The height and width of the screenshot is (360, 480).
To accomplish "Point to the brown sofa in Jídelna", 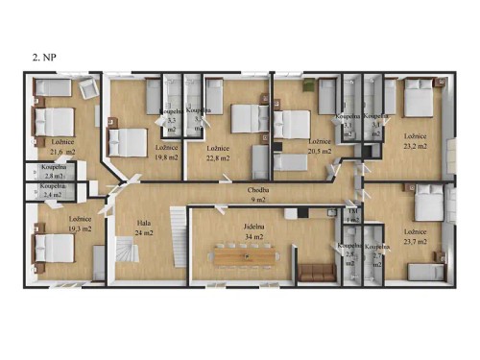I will coord(314,271).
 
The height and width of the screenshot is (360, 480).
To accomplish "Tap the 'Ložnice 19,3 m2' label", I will coord(52,224).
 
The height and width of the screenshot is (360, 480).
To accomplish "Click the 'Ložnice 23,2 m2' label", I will coord(416,141).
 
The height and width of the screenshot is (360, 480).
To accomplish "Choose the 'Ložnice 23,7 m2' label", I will coord(416,237).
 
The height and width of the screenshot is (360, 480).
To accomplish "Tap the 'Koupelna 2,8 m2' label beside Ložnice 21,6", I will coord(53,172).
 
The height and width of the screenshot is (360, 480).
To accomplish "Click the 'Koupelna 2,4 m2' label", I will coord(53,190).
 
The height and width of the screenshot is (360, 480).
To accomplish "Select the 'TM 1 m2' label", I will coord(352,214).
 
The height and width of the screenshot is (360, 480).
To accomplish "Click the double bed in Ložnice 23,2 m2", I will coord(420,101).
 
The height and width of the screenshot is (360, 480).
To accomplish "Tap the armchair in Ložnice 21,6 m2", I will coord(88,87).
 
